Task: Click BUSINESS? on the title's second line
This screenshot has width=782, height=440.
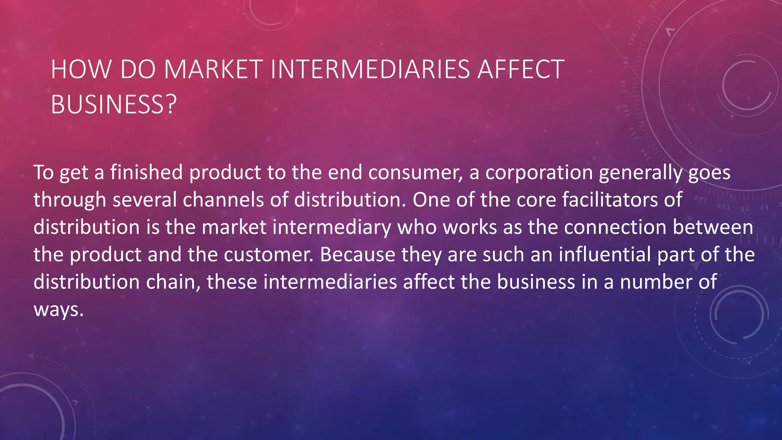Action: coord(114,104)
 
